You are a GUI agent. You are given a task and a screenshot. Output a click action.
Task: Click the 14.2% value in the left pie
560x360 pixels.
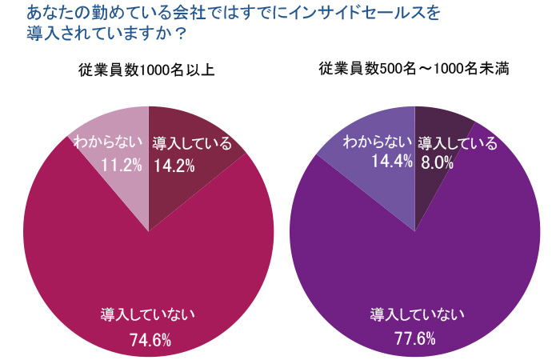point(174,166)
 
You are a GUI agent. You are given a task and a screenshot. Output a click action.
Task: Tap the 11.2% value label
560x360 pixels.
point(122,166)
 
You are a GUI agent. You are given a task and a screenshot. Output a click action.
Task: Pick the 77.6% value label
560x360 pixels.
point(414,338)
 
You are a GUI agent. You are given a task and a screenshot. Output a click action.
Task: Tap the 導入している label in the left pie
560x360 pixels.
point(192,144)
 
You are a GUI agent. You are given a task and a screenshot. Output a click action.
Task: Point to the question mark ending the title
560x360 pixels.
point(181,34)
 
